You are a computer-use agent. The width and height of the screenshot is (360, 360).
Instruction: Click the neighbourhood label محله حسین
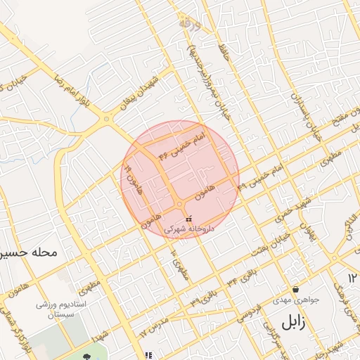point(29,250)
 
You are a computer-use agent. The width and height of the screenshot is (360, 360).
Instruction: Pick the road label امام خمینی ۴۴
point(184,143)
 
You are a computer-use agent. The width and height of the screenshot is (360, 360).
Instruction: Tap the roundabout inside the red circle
point(181,204)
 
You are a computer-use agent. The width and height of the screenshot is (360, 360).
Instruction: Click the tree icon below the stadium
point(89,356)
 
